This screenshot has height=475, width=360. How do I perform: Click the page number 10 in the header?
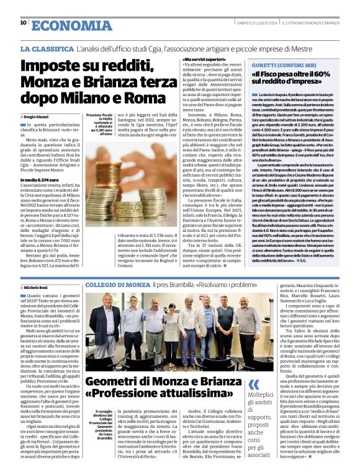(x=23, y=22)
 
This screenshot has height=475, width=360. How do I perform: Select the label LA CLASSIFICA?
(x=47, y=48)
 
